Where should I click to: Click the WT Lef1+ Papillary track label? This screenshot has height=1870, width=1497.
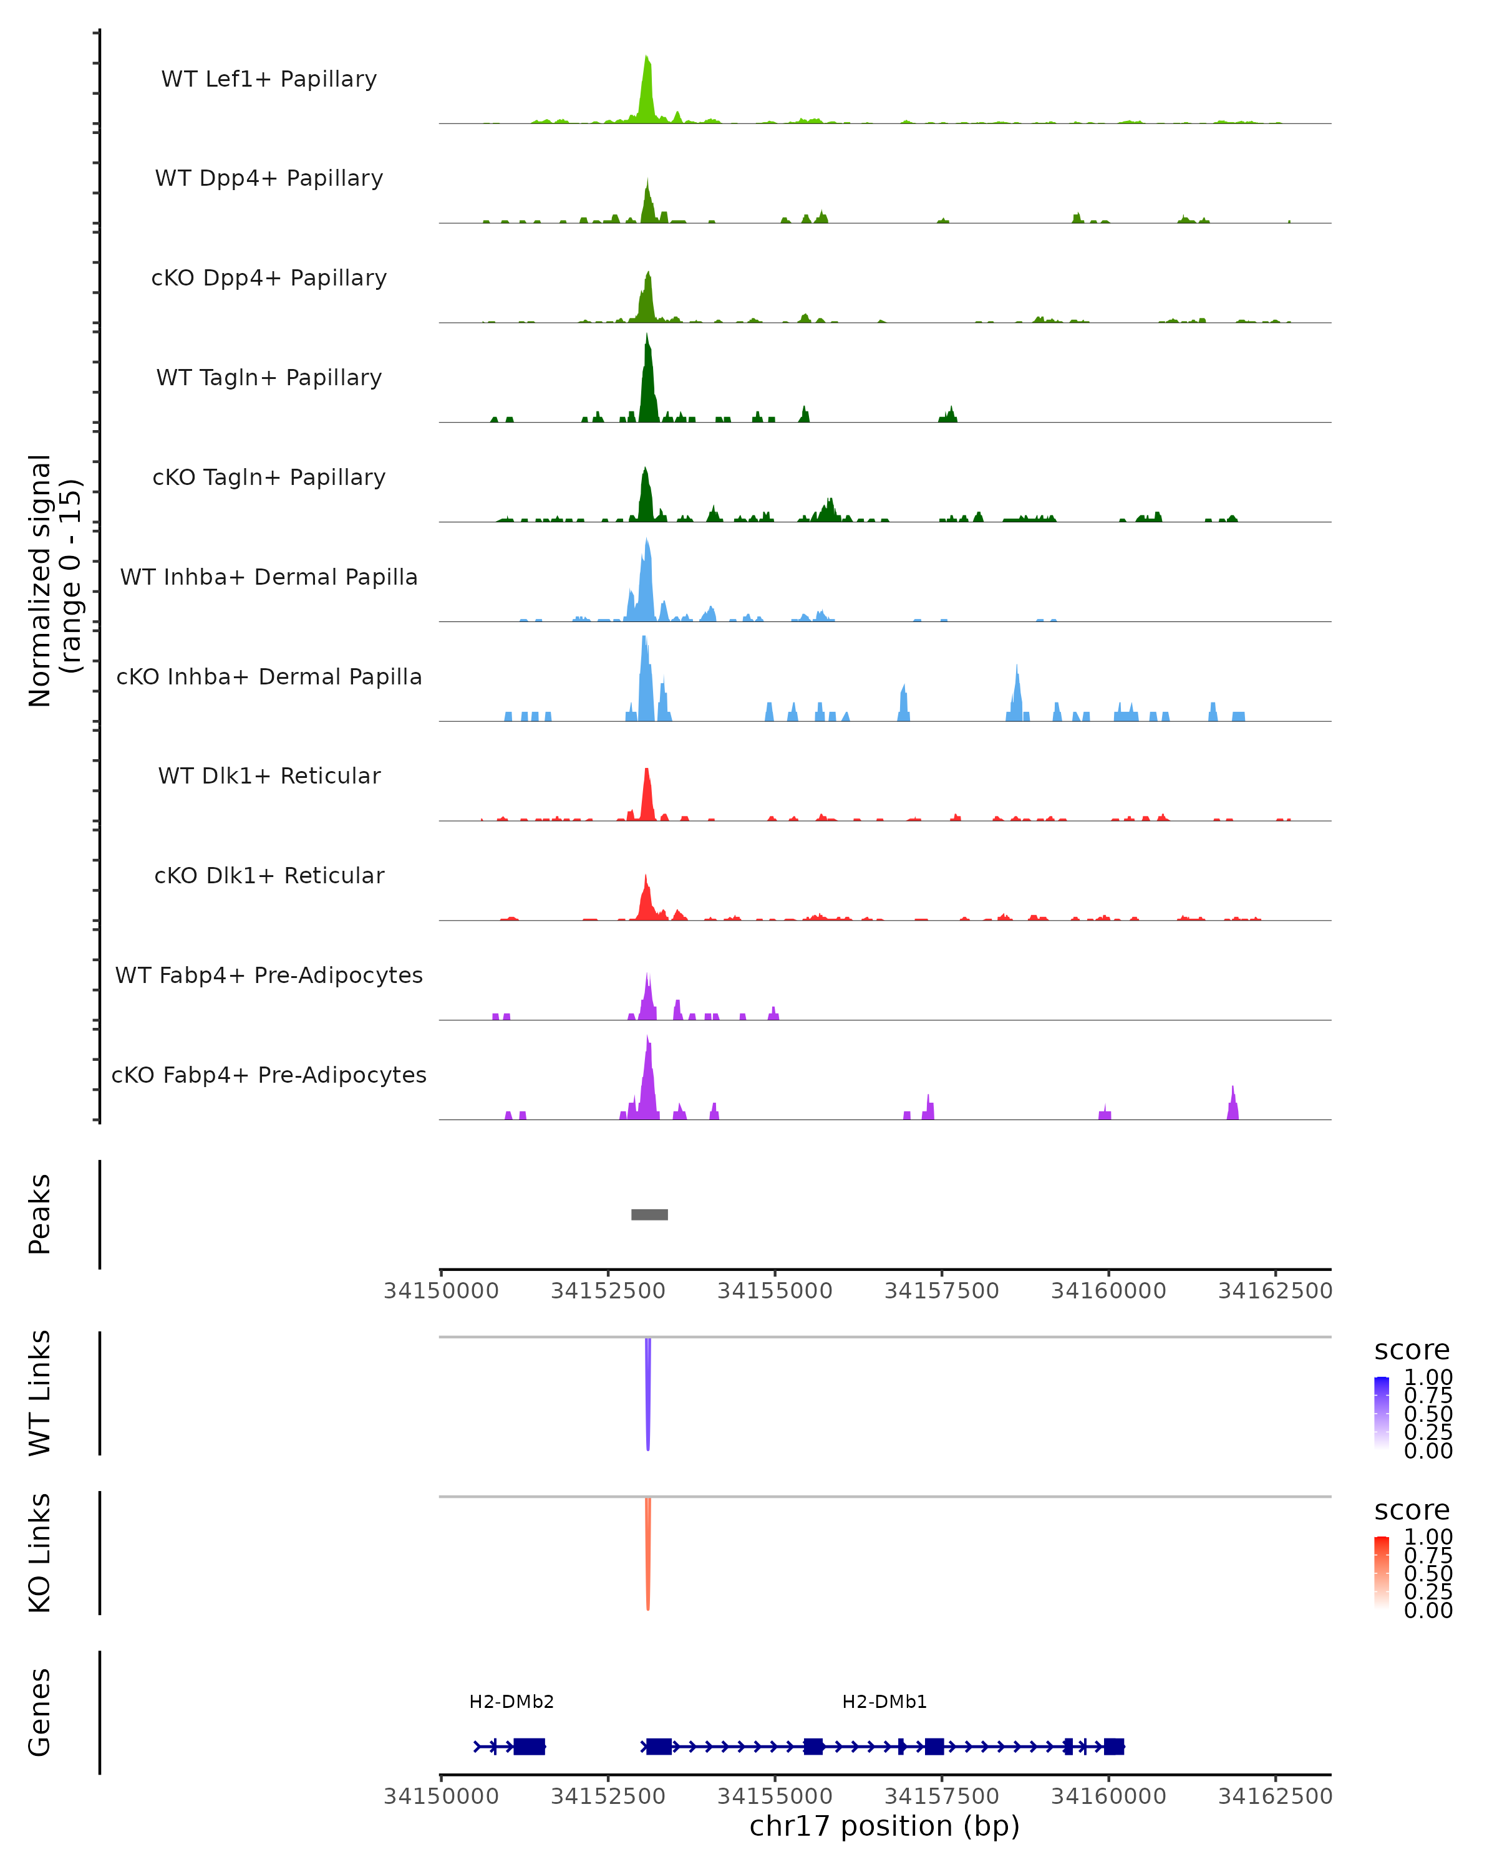pyautogui.click(x=269, y=79)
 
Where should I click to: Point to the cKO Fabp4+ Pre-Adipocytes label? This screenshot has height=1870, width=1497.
pyautogui.click(x=269, y=1075)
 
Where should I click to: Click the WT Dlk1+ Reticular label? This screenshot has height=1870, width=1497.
pyautogui.click(x=269, y=775)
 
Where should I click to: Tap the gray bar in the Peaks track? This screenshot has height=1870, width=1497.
pyautogui.click(x=649, y=1214)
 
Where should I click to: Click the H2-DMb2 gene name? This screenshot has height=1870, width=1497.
pyautogui.click(x=511, y=1702)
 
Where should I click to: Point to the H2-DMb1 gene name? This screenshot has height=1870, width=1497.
pyautogui.click(x=884, y=1702)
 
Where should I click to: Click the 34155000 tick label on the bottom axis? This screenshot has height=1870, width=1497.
pyautogui.click(x=775, y=1796)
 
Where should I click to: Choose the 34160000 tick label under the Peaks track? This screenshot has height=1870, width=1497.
pyautogui.click(x=1108, y=1291)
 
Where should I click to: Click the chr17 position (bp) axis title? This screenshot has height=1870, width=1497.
pyautogui.click(x=884, y=1826)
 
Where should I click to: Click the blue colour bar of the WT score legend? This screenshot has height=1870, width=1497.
pyautogui.click(x=1382, y=1413)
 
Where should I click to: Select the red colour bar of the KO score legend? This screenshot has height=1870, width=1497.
pyautogui.click(x=1382, y=1573)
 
